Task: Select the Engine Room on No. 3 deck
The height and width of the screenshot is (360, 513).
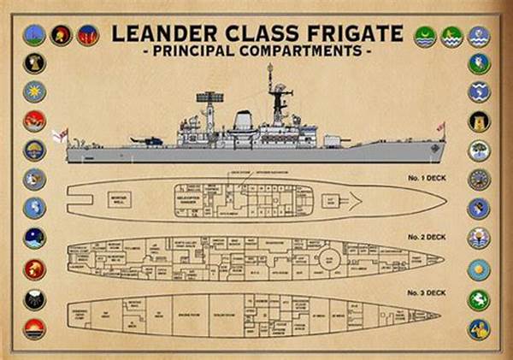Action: click(185, 316)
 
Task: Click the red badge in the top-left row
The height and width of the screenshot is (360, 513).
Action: click(86, 36)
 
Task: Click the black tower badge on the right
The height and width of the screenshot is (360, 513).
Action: click(479, 121)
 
